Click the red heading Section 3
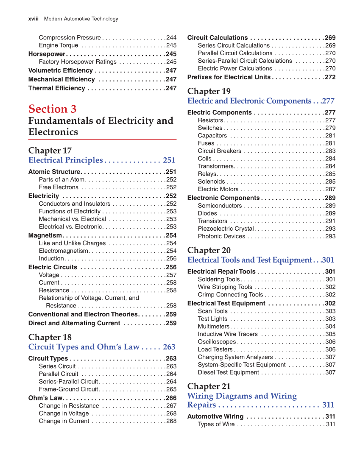coord(53,109)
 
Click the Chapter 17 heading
coord(50,151)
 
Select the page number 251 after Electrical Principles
coord(169,160)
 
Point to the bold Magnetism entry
coord(45,235)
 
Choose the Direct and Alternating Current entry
coord(74,323)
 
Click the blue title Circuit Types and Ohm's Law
coord(84,347)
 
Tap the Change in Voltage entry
coord(64,414)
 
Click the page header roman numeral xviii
coord(33,19)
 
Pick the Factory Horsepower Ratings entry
coord(78,62)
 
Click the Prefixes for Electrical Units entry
coord(229,77)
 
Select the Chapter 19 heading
coord(209,91)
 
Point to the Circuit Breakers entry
coord(219,151)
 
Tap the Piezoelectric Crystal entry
coord(226,229)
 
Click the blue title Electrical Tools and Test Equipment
coord(250,260)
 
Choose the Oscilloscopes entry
coord(217,342)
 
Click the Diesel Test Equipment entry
coord(228,373)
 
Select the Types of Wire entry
coord(216,425)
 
